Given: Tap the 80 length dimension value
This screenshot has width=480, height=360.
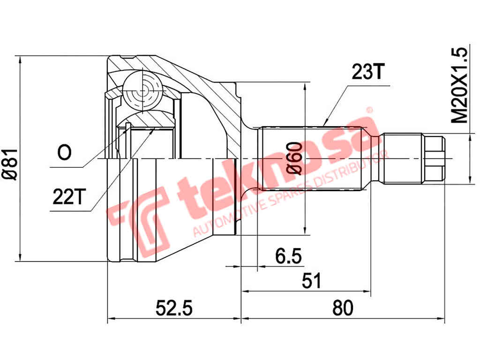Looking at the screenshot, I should tap(342, 308).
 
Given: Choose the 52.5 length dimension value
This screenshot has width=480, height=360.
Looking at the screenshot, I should tap(174, 308).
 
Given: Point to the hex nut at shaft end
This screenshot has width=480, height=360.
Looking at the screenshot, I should tap(433, 159).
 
